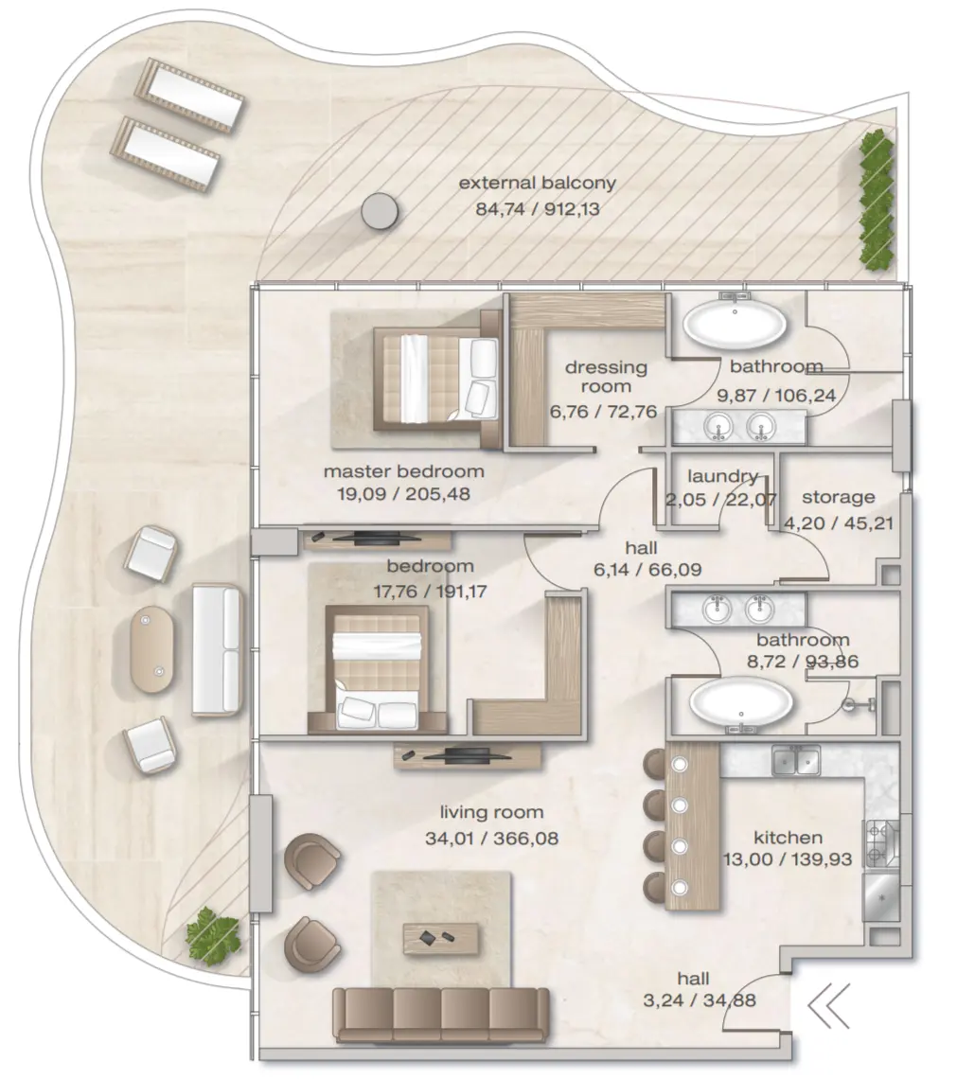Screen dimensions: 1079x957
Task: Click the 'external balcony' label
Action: point(537,184)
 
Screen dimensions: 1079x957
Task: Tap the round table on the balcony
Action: point(380,210)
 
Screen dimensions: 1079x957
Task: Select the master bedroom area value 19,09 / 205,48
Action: point(403,493)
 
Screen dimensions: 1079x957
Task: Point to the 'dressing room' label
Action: point(606,377)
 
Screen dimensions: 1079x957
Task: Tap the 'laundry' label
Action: point(723,477)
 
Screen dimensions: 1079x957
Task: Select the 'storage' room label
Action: point(839,497)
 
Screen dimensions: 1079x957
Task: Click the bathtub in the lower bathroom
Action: point(741,703)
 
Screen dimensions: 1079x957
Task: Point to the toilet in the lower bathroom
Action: point(855,705)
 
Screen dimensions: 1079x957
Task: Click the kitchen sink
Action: point(794,760)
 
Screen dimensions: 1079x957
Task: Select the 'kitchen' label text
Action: point(788,838)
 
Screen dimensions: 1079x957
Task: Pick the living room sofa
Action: point(440,1014)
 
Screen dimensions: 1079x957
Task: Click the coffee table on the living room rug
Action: point(440,938)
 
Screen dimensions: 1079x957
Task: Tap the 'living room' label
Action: point(491,812)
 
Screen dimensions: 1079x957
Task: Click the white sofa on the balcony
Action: point(216,648)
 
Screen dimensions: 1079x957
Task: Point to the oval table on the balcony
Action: point(151,648)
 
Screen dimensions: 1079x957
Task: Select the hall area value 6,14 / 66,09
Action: point(641,571)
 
